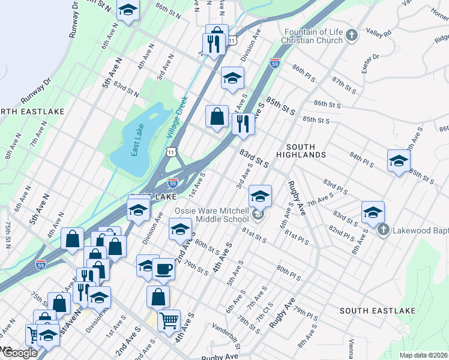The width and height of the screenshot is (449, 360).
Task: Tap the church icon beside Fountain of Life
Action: point(352,37)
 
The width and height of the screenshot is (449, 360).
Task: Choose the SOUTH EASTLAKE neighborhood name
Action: point(377,310)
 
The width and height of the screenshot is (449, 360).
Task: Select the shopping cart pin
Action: point(169,320)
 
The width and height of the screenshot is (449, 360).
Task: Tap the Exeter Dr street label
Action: point(370,64)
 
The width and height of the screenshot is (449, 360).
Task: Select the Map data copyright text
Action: point(423,355)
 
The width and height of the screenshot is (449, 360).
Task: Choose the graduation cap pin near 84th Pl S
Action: point(399,161)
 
